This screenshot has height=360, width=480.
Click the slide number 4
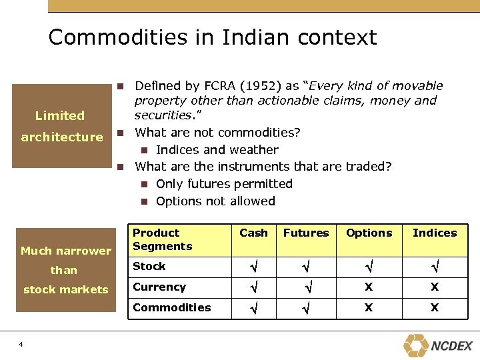point(21,344)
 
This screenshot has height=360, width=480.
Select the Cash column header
point(253,233)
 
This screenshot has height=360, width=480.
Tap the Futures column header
point(306,233)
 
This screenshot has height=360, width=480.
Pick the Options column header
point(369,233)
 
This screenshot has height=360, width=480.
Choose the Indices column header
point(435,233)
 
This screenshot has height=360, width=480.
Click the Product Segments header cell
point(162,239)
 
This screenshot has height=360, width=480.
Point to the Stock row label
point(149,266)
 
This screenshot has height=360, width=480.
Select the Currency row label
point(159,287)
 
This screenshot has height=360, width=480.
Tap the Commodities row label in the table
point(171,307)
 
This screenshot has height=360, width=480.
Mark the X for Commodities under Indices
point(435,308)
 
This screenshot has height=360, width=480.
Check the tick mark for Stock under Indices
point(435,267)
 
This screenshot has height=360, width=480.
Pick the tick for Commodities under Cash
point(253,309)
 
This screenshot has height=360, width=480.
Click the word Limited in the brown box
point(59,115)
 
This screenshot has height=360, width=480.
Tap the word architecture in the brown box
point(62,137)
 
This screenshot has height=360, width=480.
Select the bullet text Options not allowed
point(215,201)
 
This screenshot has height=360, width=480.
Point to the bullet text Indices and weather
point(217,149)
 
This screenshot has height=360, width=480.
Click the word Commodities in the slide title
point(115,37)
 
